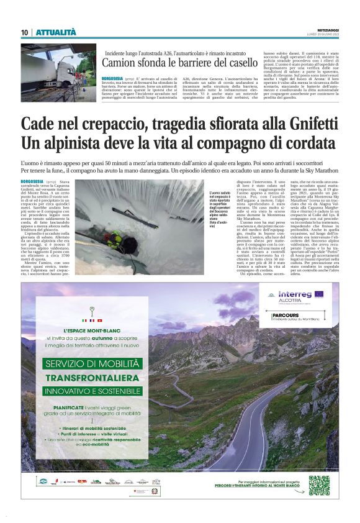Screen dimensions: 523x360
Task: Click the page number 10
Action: [24, 32]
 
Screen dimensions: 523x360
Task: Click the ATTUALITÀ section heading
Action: [56, 32]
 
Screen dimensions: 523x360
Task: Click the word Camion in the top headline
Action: [120, 64]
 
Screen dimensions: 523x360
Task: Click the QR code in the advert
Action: [318, 484]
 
